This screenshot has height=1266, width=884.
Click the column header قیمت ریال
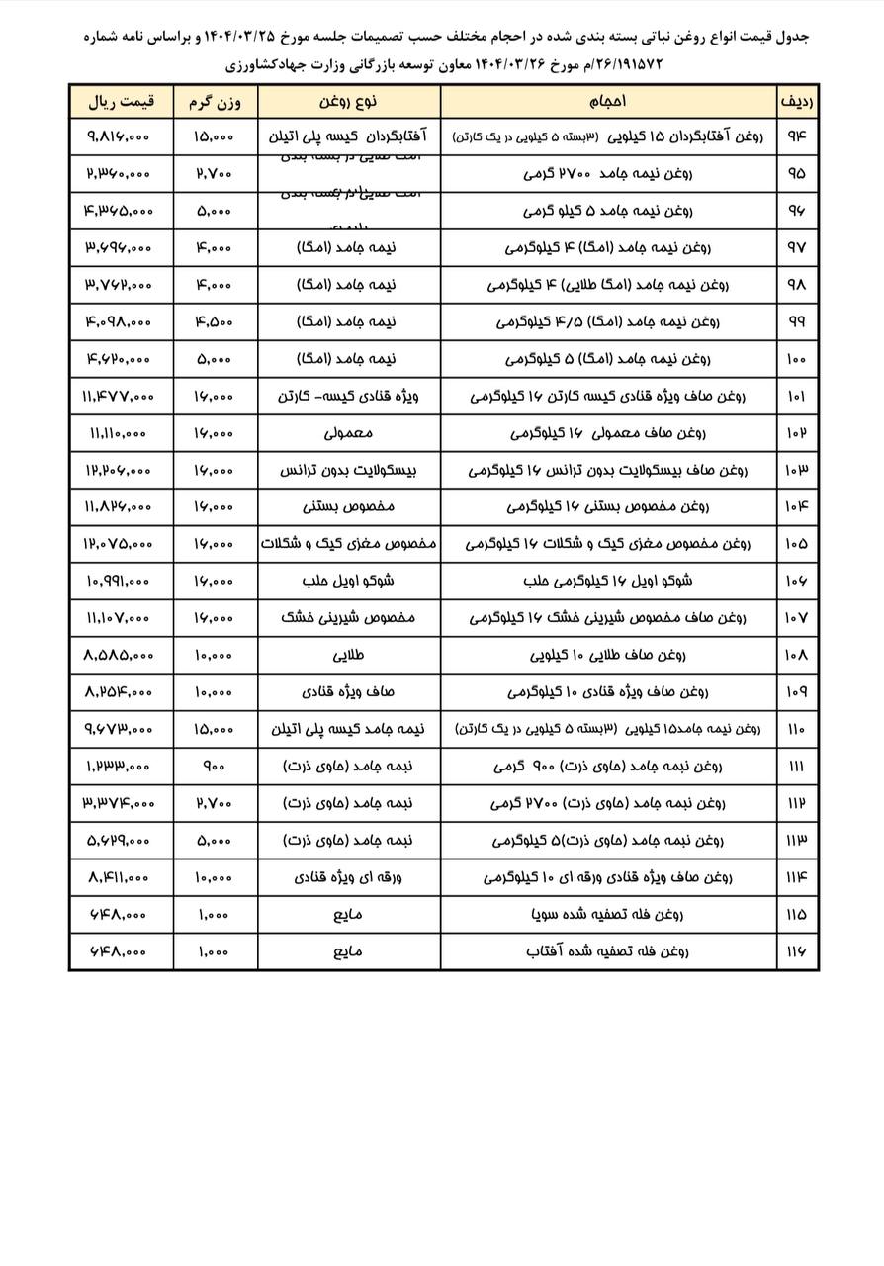coord(122,101)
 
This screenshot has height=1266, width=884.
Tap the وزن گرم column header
coord(215,101)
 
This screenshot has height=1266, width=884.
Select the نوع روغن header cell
coord(348,101)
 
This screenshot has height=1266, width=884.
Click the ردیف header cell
coord(797,101)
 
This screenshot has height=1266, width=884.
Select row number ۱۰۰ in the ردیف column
coord(797,359)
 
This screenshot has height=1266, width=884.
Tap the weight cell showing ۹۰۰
coord(215,767)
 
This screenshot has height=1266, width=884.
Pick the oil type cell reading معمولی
coord(348,433)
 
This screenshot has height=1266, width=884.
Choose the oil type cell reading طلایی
coord(348,655)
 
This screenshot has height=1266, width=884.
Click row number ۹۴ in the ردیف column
coord(797,136)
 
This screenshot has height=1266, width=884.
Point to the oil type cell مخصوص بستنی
coord(348,506)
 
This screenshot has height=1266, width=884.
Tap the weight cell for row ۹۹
coord(215,321)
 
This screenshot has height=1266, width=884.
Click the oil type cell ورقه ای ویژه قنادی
coord(348,877)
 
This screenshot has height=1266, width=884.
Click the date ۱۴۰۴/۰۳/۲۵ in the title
coord(238,37)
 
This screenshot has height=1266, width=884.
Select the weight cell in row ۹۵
coord(215,173)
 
